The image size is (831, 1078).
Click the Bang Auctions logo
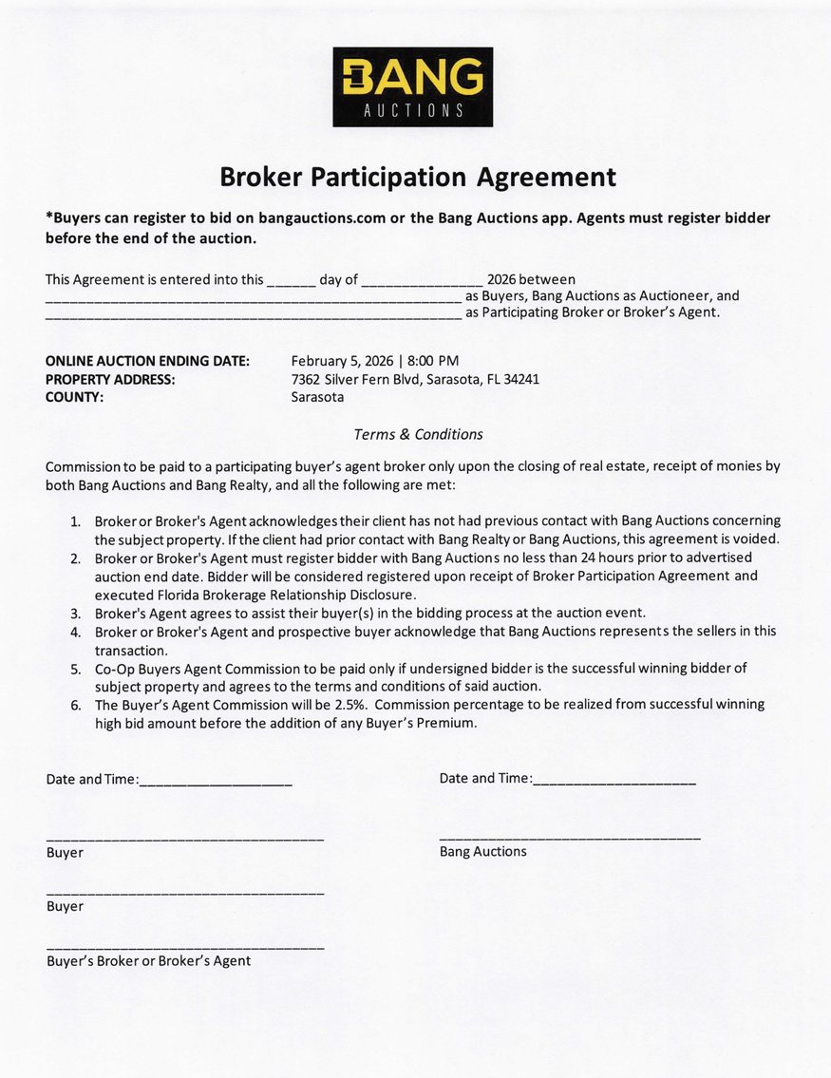[412, 86]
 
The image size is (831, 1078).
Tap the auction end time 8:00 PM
[433, 361]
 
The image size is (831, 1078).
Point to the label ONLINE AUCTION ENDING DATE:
[147, 361]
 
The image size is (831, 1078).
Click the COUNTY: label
[75, 398]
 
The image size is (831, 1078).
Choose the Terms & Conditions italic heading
[418, 434]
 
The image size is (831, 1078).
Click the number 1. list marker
[75, 521]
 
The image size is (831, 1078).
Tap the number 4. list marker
[75, 632]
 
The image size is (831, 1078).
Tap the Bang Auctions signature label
[482, 852]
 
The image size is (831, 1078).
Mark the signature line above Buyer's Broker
[185, 947]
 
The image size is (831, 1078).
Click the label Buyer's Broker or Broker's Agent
[148, 961]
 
